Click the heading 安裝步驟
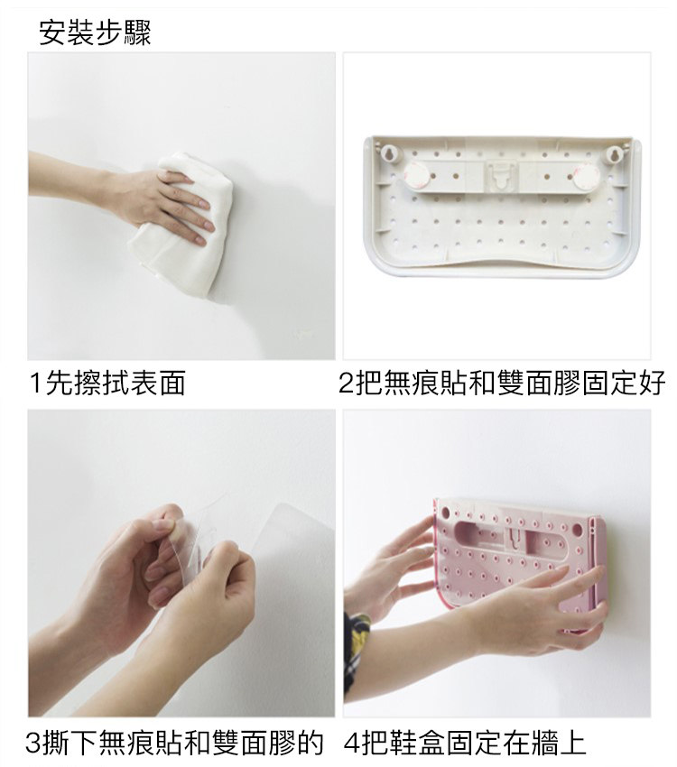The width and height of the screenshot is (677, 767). click(x=95, y=32)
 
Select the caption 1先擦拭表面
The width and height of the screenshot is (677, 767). click(x=107, y=383)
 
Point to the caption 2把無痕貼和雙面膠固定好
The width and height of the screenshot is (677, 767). click(x=502, y=383)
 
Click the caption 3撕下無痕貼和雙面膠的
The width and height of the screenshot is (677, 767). click(x=174, y=742)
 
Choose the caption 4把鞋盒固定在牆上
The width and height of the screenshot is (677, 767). click(x=465, y=742)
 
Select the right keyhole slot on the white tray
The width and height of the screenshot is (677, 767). click(x=612, y=154)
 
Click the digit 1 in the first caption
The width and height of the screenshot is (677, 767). click(x=35, y=383)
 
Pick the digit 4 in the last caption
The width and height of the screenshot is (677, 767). click(x=352, y=743)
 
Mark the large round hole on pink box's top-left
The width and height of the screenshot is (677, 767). click(x=445, y=513)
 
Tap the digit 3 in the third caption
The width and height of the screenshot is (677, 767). click(x=32, y=743)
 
